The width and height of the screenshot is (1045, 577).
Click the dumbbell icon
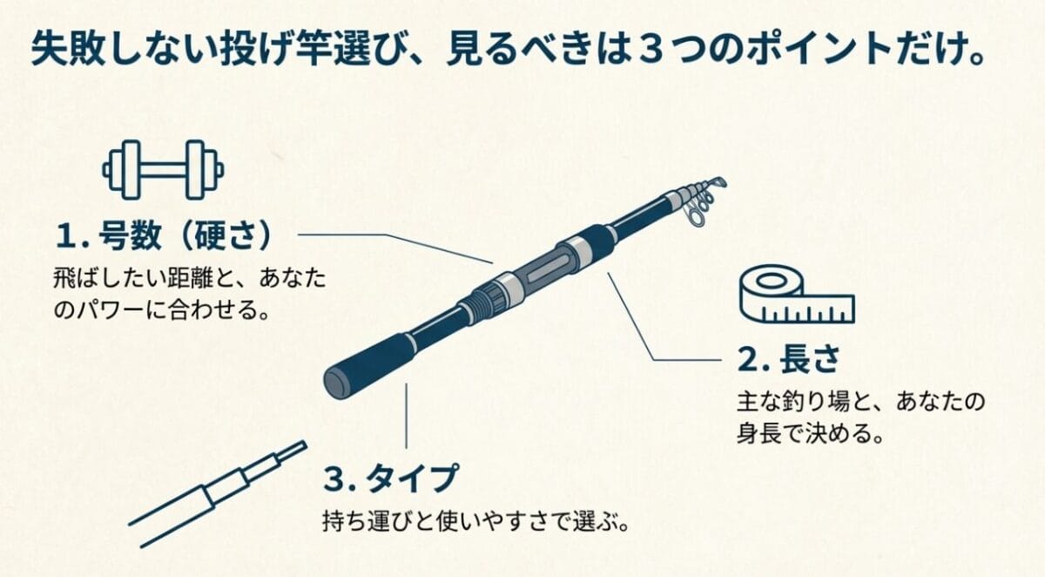(x=163, y=168)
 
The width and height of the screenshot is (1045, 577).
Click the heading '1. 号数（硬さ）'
(x=165, y=234)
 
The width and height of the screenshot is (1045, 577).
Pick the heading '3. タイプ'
(x=390, y=479)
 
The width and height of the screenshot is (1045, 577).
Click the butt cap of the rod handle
(x=334, y=382)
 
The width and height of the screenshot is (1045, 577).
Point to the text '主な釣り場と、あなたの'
(x=860, y=403)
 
